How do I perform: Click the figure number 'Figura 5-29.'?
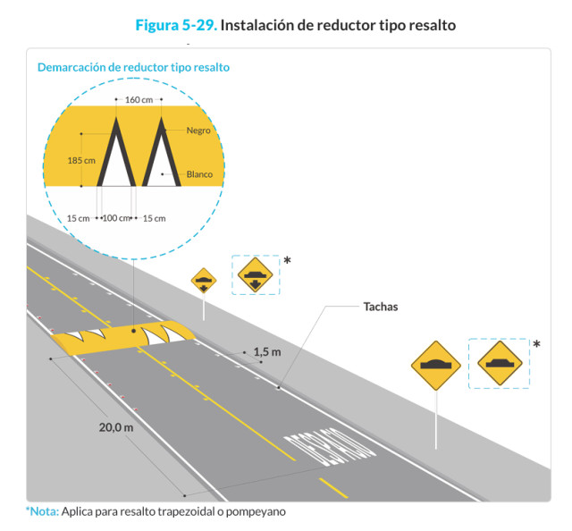(175, 25)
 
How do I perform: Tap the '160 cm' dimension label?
(139, 99)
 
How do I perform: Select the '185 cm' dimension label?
(81, 161)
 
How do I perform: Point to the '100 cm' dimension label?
(117, 218)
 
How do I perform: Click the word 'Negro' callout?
(198, 131)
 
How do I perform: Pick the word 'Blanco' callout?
(199, 174)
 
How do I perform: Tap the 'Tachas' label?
(381, 307)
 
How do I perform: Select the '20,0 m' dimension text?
(116, 427)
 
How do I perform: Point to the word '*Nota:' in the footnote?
(42, 511)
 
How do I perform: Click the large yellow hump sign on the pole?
(435, 365)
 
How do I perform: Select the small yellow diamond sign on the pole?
(204, 281)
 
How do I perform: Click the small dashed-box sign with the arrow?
(256, 275)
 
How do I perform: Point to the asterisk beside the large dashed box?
(536, 344)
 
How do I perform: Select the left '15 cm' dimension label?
(79, 218)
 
